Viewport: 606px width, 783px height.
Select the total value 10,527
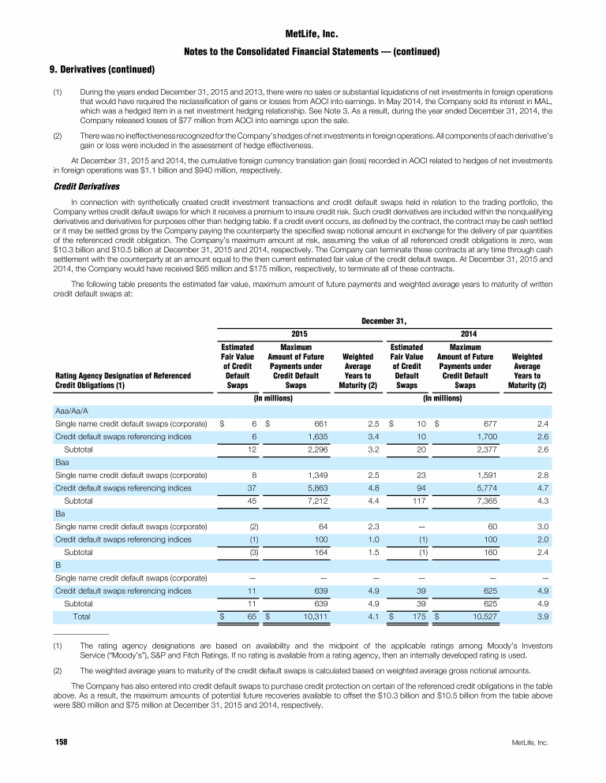point(481,615)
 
